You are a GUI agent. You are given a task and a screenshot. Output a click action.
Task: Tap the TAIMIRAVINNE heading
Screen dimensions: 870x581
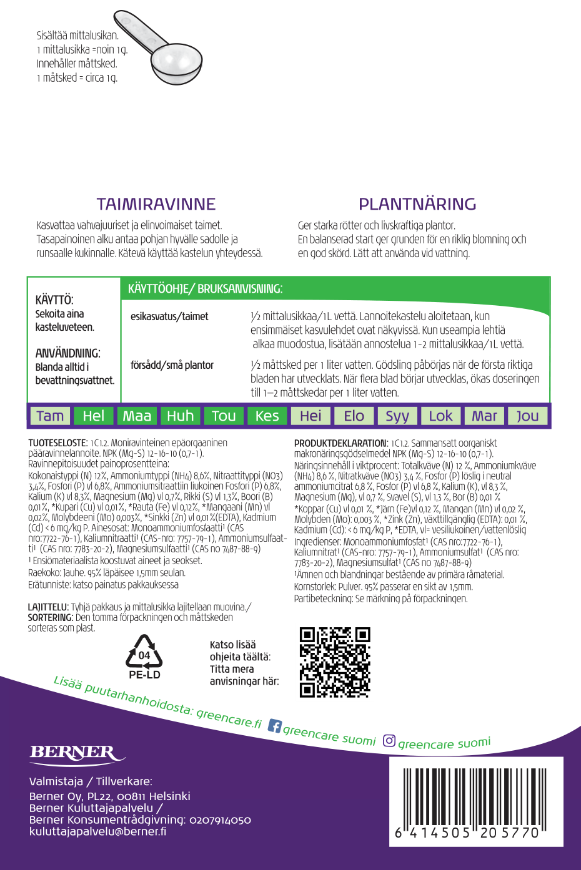pyautogui.click(x=156, y=204)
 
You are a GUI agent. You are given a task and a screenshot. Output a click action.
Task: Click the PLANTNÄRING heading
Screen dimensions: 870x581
pyautogui.click(x=417, y=204)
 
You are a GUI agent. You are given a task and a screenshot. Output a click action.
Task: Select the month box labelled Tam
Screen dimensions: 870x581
pyautogui.click(x=50, y=416)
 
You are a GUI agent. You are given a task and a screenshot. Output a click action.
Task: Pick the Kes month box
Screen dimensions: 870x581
pyautogui.click(x=267, y=416)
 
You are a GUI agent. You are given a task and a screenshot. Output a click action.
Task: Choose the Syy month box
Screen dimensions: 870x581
pyautogui.click(x=397, y=416)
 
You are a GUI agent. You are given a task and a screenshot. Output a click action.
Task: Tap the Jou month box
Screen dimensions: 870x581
pyautogui.click(x=527, y=416)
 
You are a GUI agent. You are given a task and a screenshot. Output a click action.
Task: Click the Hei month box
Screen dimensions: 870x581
pyautogui.click(x=310, y=416)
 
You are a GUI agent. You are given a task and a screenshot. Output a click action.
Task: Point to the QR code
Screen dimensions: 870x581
pyautogui.click(x=335, y=662)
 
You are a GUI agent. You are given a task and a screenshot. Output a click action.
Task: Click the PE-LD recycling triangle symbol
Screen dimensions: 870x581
pyautogui.click(x=144, y=653)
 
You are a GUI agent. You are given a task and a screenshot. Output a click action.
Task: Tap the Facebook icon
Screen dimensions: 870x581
pyautogui.click(x=274, y=726)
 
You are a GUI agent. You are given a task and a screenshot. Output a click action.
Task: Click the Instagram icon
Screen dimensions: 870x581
pyautogui.click(x=389, y=741)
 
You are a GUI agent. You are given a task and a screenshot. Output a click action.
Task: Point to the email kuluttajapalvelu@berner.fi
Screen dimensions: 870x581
pyautogui.click(x=98, y=831)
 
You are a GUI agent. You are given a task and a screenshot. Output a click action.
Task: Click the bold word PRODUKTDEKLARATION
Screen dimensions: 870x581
pyautogui.click(x=341, y=443)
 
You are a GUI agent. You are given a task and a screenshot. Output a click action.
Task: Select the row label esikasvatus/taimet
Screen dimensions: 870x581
pyautogui.click(x=169, y=316)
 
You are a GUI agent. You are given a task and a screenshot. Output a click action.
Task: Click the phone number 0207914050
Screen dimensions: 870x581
pyautogui.click(x=220, y=819)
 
